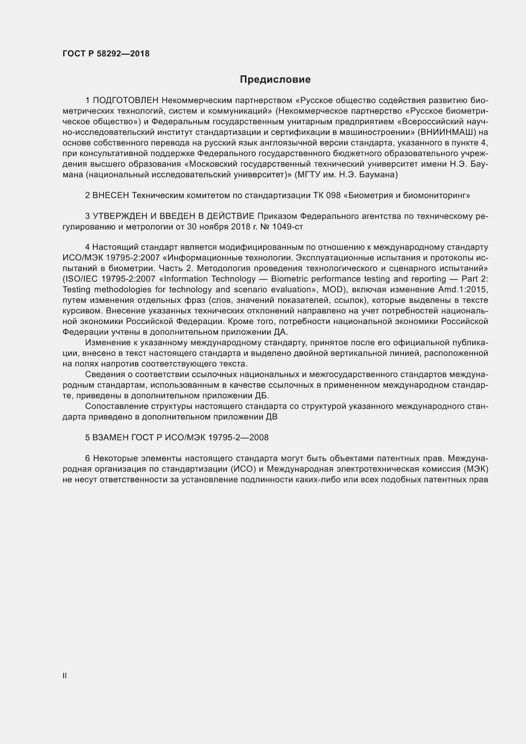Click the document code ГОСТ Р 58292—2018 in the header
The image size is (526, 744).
[106, 54]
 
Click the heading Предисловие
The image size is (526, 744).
[275, 79]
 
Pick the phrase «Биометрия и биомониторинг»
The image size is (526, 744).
[408, 196]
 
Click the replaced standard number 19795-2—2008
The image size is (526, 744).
[238, 437]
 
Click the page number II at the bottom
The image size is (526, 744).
[64, 676]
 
